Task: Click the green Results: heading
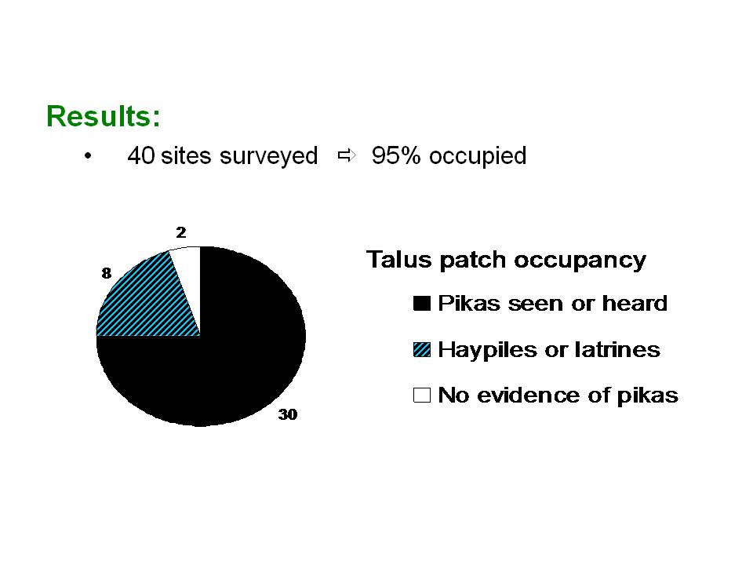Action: [104, 116]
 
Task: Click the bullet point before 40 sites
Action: [87, 155]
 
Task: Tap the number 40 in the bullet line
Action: [140, 155]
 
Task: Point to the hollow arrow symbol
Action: [347, 155]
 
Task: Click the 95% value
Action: [396, 155]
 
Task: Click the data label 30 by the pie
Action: [288, 414]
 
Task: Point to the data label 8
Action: [106, 273]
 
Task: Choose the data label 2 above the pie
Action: [181, 232]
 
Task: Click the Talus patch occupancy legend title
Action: [506, 261]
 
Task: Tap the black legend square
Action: [422, 304]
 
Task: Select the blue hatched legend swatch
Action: [422, 349]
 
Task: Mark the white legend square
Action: [422, 395]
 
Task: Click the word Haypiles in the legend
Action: [487, 350]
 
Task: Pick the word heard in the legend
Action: [635, 304]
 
